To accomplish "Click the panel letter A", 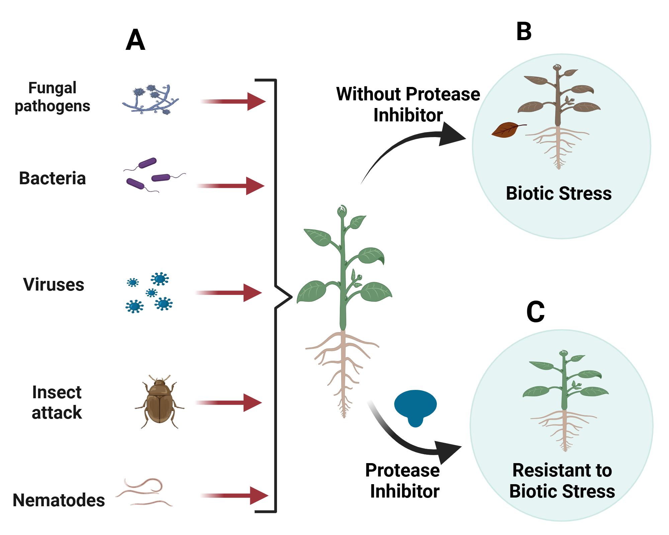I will (135, 40).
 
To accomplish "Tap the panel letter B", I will (524, 32).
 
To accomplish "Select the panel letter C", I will (535, 312).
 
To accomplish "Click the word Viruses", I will (54, 285).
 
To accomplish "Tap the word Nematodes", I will (59, 501).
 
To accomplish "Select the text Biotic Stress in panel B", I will (559, 194).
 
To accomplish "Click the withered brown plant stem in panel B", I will (558, 100).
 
